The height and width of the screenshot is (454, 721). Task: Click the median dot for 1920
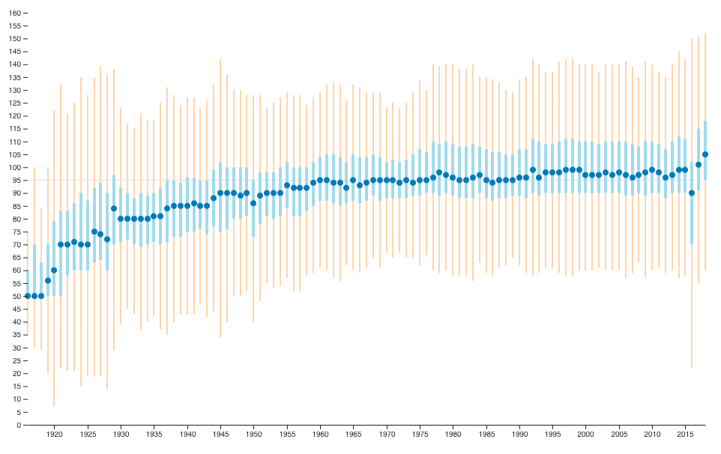54,270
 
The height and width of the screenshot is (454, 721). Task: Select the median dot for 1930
120,219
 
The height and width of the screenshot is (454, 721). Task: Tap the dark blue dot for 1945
220,193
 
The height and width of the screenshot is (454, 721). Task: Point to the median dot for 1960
320,181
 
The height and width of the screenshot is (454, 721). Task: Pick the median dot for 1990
519,178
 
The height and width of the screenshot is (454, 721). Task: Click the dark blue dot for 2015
685,170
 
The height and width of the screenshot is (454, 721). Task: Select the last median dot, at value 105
705,154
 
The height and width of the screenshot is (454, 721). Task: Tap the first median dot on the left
28,296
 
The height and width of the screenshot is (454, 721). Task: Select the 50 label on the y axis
14,297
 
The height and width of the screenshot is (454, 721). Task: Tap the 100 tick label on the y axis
12,168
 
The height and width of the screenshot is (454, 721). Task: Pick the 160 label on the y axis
12,13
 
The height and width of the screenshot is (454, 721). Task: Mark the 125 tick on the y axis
12,103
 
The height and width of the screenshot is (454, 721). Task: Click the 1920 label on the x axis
54,435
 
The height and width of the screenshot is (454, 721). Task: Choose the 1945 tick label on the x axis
220,435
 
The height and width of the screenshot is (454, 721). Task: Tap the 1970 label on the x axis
387,435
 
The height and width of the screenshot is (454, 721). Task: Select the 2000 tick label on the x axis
586,435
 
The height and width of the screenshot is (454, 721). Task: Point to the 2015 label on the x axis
685,435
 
